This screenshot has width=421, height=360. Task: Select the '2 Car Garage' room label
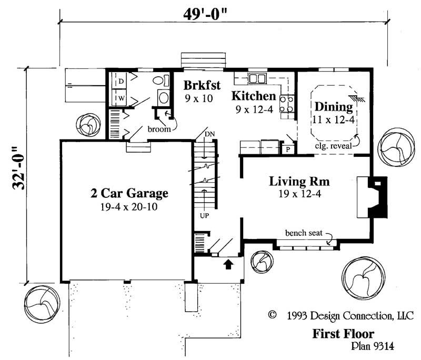tap(129, 193)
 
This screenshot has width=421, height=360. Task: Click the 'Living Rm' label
tap(299, 182)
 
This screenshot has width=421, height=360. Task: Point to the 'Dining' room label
tap(333, 106)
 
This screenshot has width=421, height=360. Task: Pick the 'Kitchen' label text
tap(254, 96)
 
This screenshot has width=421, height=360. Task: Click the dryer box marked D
tap(120, 82)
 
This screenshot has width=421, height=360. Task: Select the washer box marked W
tap(120, 98)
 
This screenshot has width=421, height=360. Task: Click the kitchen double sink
tap(257, 79)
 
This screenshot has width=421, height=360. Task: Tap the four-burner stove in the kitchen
tap(287, 103)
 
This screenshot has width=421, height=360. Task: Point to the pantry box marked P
tap(287, 149)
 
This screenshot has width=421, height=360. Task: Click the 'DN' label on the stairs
tap(210, 134)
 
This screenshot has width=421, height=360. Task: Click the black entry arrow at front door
tap(229, 264)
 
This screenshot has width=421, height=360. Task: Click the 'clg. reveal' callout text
tap(334, 147)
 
